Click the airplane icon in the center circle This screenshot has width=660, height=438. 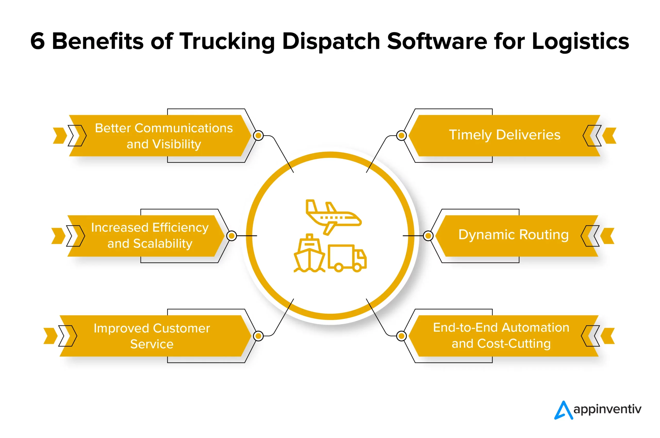(x=333, y=217)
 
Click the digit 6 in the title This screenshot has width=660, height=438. (x=37, y=41)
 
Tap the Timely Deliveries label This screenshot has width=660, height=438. (x=504, y=135)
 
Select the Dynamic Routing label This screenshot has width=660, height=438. (x=513, y=235)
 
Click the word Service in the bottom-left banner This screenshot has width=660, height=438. (x=152, y=344)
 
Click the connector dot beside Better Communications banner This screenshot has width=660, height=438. (x=258, y=135)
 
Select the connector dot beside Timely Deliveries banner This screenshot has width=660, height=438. (x=401, y=135)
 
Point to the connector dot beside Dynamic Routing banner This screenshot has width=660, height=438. (x=428, y=236)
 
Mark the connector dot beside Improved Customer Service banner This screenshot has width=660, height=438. (x=258, y=336)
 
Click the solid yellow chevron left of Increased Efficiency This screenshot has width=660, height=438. (x=58, y=236)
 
